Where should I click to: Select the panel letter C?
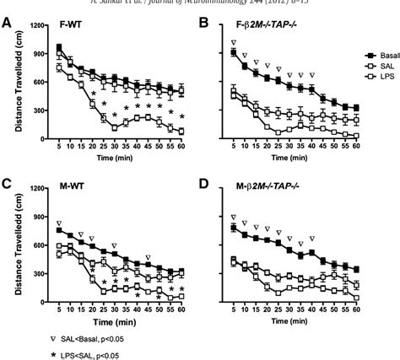tap(7, 182)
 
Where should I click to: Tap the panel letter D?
tap(205, 182)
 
